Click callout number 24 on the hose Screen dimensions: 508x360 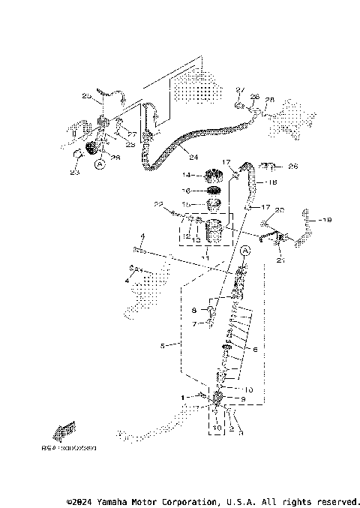click(x=193, y=158)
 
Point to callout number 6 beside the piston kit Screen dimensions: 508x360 click(x=255, y=350)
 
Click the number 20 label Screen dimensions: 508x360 click(x=280, y=210)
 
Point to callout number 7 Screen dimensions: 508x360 click(x=193, y=324)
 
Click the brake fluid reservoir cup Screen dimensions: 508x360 click(x=216, y=232)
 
